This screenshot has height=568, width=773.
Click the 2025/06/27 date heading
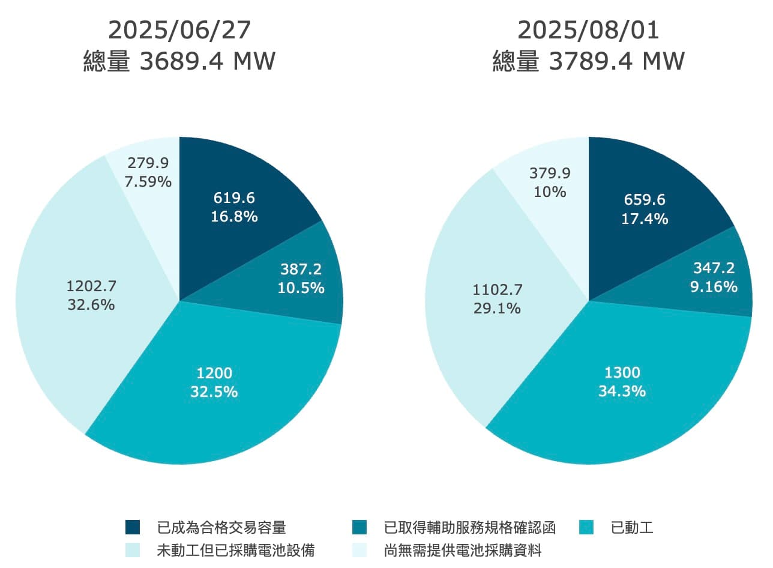point(179,31)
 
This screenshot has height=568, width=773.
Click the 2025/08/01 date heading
point(588,31)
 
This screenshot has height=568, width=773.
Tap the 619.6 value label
point(234,198)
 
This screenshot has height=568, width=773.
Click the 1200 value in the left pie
point(214,373)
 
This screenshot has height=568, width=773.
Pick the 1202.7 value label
point(91,286)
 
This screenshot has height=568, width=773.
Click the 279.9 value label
point(148,163)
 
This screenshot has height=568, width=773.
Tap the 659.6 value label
point(645,200)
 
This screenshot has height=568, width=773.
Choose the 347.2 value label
point(714,268)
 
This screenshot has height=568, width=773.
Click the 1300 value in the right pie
point(622,373)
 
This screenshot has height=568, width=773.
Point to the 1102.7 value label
point(498,290)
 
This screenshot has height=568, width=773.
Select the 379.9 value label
point(550,174)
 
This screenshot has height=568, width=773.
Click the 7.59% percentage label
point(148,181)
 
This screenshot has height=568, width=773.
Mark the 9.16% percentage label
point(714,286)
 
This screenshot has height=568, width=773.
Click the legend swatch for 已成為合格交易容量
point(133,527)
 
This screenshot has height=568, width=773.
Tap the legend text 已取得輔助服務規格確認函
point(469,528)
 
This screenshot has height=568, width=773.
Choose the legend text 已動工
point(632,528)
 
